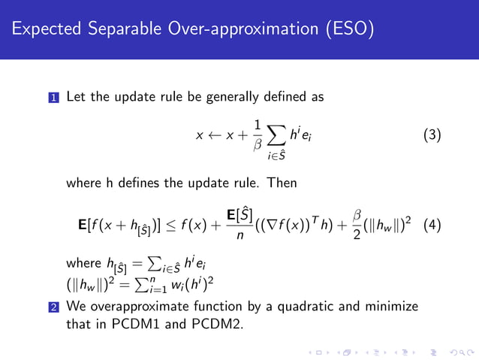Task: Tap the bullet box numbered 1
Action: pyautogui.click(x=54, y=98)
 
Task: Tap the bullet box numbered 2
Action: pyautogui.click(x=54, y=307)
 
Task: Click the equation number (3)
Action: pyautogui.click(x=432, y=136)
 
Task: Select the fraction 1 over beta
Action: pyautogui.click(x=258, y=135)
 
